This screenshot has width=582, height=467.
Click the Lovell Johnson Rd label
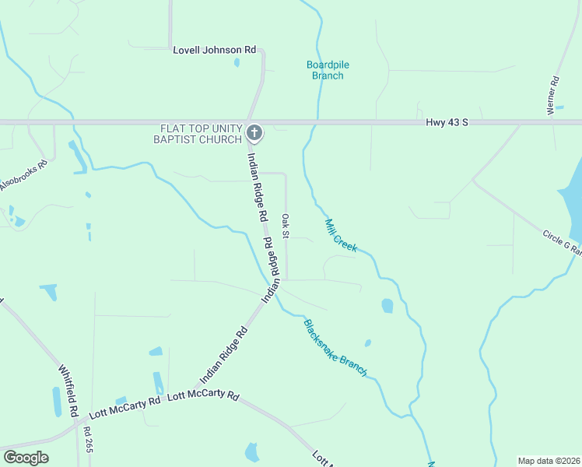click(x=214, y=50)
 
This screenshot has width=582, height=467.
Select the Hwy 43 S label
click(x=447, y=122)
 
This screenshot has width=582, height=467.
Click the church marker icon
click(x=254, y=133)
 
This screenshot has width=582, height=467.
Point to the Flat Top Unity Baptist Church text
click(x=201, y=133)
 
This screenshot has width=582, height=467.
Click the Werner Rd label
click(x=554, y=96)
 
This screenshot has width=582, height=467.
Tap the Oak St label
click(x=286, y=226)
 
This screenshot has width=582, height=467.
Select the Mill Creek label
click(x=340, y=234)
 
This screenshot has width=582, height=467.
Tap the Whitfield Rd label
click(x=67, y=390)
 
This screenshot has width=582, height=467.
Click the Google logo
click(x=26, y=458)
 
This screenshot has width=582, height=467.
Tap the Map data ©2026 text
click(x=549, y=460)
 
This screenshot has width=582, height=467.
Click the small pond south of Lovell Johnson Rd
click(x=237, y=62)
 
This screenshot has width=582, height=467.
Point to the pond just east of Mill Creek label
click(x=387, y=306)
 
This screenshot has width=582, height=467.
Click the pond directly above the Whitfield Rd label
click(x=48, y=292)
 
